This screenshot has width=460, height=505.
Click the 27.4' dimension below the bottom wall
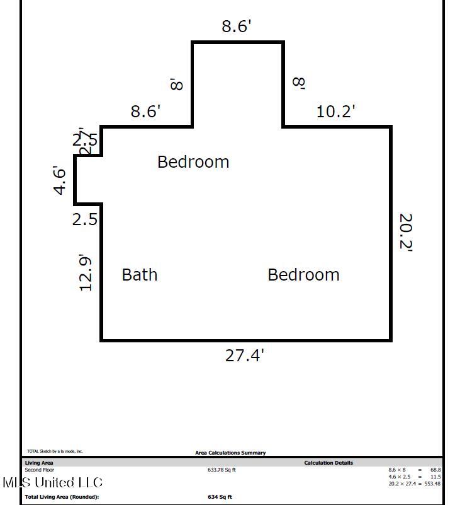(x=244, y=356)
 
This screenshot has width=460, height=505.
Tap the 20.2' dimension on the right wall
(x=406, y=233)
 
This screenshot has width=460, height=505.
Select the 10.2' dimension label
(x=335, y=112)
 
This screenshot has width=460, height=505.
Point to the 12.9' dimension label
(x=86, y=272)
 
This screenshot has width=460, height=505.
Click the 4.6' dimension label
(x=60, y=180)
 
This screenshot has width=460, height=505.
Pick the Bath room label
(x=139, y=275)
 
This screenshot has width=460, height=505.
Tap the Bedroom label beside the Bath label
(x=303, y=275)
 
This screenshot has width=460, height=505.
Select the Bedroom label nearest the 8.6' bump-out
(x=193, y=162)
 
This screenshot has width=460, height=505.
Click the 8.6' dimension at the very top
(x=237, y=26)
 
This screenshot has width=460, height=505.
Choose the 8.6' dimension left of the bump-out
(x=145, y=112)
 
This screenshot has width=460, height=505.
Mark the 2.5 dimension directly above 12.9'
(x=84, y=219)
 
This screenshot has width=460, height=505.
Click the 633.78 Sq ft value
(x=222, y=470)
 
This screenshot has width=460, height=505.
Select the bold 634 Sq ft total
(x=220, y=497)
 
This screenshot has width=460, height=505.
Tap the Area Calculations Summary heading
(x=230, y=453)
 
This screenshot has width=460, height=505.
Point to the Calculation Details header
(x=328, y=463)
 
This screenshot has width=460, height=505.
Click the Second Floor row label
(x=39, y=470)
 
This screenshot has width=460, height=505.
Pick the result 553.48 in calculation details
(x=431, y=484)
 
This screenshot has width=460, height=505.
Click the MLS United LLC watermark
(x=52, y=483)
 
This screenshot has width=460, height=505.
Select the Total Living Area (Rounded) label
(x=62, y=497)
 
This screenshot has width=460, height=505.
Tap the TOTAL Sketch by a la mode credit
(x=55, y=451)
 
